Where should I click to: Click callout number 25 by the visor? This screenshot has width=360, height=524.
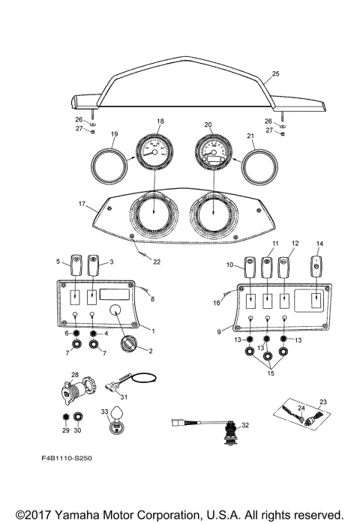(x=274, y=74)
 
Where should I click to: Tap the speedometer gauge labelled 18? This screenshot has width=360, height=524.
(x=154, y=152)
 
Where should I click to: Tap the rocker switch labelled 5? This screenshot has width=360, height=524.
(x=76, y=264)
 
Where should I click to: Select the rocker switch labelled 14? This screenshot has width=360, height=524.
(x=318, y=267)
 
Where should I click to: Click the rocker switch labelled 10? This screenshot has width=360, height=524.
(x=250, y=267)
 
